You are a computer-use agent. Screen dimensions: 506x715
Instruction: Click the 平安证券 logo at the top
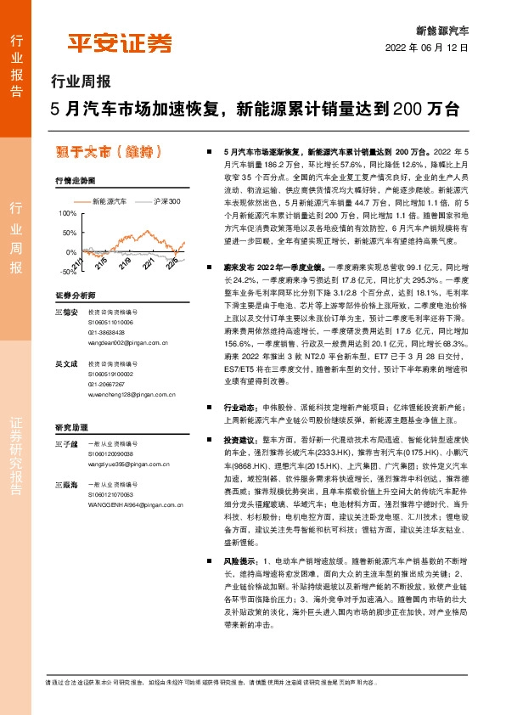[119, 42]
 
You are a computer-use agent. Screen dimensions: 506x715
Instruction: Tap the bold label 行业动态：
[239, 408]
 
